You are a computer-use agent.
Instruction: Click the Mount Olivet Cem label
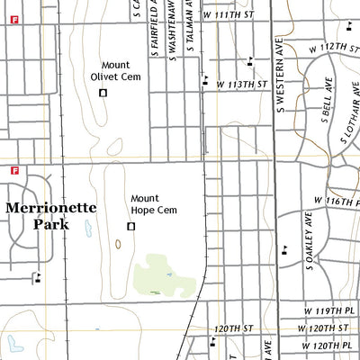(x=121, y=71)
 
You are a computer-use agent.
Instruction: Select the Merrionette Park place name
(x=50, y=215)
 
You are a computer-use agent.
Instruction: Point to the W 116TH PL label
(x=336, y=200)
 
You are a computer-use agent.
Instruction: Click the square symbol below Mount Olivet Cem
(x=103, y=93)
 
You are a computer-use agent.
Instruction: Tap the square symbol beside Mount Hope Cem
(x=130, y=226)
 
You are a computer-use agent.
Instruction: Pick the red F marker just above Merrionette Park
(x=15, y=170)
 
